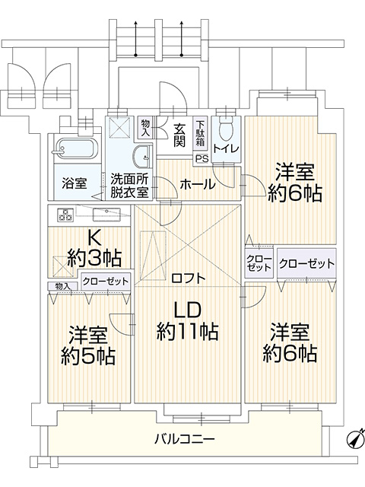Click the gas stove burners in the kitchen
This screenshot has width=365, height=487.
65,215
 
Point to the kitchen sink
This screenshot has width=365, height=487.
106,214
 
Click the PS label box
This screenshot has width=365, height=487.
202,159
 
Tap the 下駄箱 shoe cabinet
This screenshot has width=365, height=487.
200,134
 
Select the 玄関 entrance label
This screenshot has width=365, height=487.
179,135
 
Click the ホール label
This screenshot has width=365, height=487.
198,184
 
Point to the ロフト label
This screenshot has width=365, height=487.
189,278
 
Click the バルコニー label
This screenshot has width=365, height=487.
185,439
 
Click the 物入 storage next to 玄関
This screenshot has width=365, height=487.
145,128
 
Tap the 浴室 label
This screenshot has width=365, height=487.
75,183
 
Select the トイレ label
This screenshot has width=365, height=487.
226,149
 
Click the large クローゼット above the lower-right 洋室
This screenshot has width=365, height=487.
306,264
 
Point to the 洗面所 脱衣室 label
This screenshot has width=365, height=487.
129,186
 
